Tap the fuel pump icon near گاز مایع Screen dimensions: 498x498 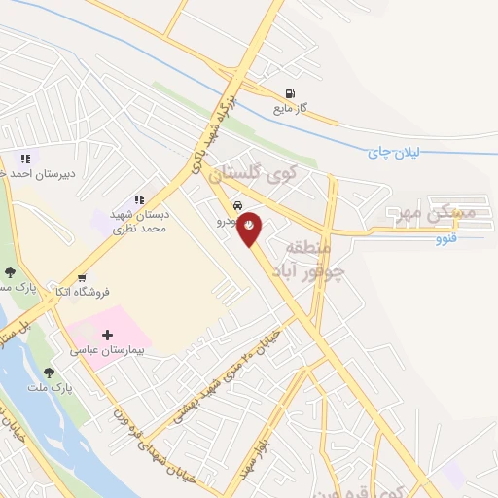click(289, 94)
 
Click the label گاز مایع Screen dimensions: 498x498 click(289, 109)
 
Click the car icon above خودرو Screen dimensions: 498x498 click(238, 206)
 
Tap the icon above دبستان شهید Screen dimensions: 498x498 click(139, 200)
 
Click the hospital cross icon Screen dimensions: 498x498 click(107, 335)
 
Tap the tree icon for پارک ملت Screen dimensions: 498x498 click(49, 372)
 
